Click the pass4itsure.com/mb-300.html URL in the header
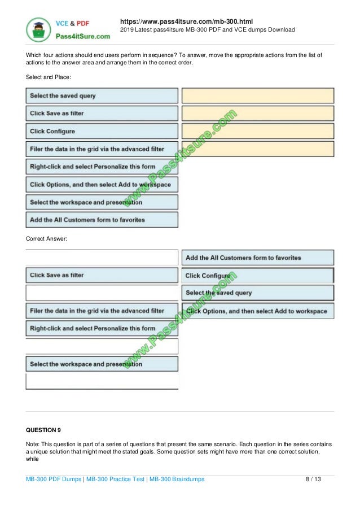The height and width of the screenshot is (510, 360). (x=187, y=21)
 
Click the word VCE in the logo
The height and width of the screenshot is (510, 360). (x=62, y=23)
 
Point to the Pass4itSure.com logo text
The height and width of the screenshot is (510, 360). (x=82, y=35)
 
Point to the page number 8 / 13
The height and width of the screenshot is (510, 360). (x=313, y=479)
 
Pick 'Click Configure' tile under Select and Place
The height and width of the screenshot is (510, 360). (x=102, y=131)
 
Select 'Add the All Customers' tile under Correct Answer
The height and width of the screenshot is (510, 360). (x=257, y=258)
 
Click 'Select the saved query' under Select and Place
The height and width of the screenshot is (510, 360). (x=102, y=95)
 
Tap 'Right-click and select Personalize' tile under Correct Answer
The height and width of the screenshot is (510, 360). (x=102, y=328)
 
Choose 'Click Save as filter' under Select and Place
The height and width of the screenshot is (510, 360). (x=102, y=114)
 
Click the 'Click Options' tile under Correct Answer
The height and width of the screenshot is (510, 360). (x=257, y=311)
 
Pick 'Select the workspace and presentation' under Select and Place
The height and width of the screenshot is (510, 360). (x=102, y=202)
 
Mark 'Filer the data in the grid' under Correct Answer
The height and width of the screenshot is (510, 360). (x=102, y=311)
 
